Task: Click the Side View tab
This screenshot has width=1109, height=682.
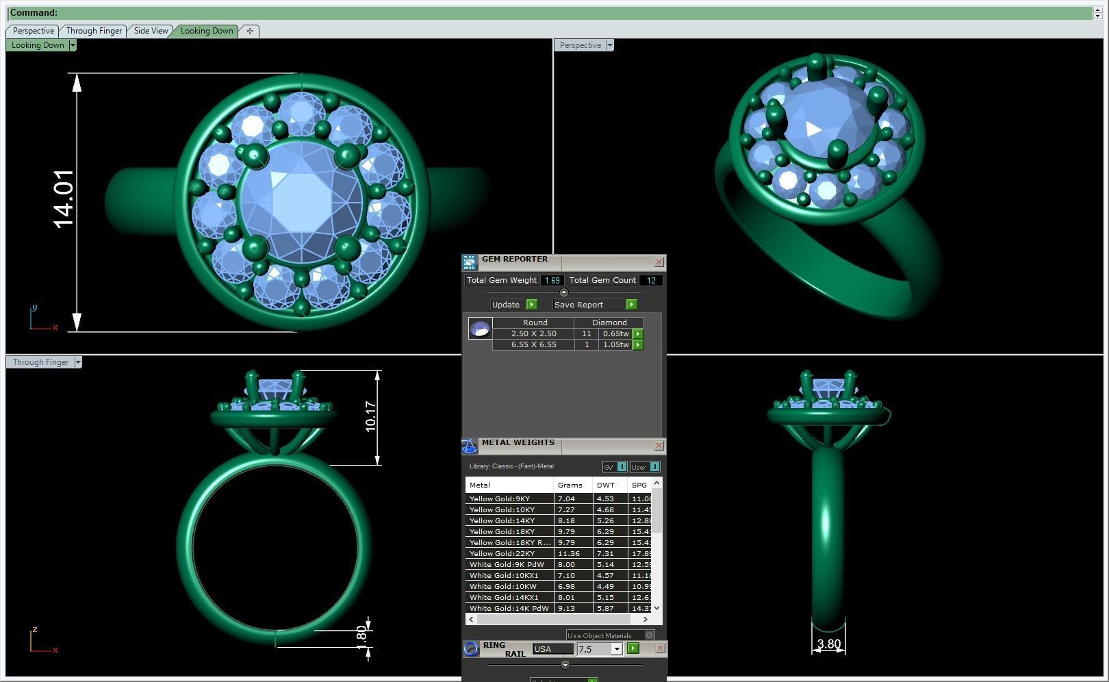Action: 151,31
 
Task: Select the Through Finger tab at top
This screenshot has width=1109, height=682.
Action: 94,31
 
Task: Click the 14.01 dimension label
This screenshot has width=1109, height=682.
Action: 63,199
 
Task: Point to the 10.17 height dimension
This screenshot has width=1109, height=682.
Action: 370,416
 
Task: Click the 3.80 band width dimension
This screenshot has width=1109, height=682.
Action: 828,644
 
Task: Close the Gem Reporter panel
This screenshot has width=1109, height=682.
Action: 659,262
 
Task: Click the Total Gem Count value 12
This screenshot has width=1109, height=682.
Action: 651,280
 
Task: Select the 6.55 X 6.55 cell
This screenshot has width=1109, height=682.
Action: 533,344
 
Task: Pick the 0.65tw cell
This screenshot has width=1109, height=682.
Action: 614,333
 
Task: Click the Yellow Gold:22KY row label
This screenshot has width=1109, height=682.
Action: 502,553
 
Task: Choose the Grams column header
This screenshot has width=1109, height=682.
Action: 570,485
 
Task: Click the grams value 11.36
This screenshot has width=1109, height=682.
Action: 568,553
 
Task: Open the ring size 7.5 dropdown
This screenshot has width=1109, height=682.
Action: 616,649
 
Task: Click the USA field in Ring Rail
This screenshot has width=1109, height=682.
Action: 552,649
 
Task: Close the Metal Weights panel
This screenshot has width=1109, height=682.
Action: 659,446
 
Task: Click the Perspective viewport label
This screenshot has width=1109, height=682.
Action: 580,45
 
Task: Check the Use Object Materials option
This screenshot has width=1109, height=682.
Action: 649,635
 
